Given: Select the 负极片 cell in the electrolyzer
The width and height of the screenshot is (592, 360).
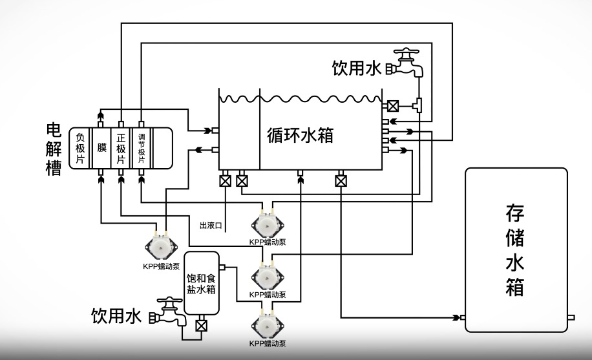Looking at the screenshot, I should click(80, 149).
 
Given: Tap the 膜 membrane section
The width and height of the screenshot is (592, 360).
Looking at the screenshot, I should click(101, 148).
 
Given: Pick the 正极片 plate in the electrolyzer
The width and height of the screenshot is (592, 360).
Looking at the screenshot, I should click(121, 149).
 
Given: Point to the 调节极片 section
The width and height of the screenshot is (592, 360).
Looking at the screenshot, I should click(142, 149).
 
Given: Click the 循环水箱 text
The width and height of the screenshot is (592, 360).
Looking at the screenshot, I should click(300, 135).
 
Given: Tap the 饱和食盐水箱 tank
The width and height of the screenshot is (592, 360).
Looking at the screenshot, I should click(201, 283).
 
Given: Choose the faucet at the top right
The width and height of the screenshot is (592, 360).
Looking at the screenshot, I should click(408, 62).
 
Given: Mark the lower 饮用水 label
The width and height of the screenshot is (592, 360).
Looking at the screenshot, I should click(116, 316).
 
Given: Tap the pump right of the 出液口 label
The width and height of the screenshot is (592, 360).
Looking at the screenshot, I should click(267, 224).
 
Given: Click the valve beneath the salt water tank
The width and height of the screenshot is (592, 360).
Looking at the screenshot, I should click(201, 325).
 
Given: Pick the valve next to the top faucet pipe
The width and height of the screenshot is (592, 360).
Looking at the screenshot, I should click(393, 105).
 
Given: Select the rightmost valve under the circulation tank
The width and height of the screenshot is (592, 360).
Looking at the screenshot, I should click(341, 181).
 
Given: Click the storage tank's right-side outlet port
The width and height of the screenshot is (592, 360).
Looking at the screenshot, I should click(571, 317).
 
